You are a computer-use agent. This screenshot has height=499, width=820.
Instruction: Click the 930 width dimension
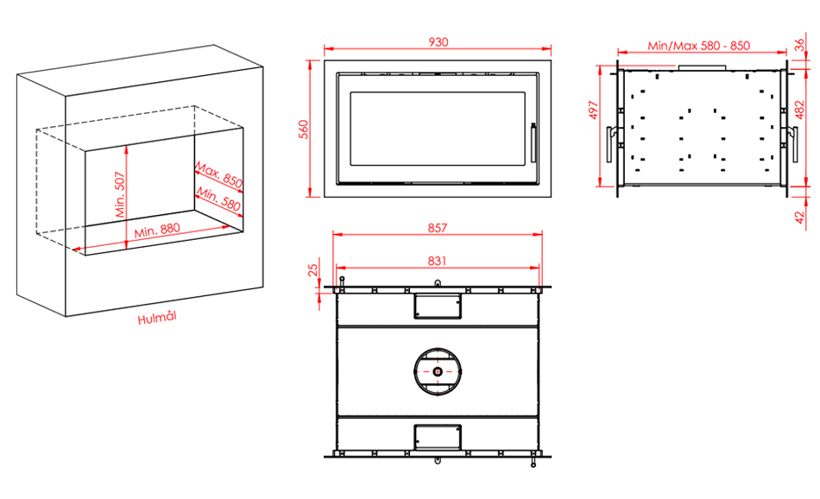438,41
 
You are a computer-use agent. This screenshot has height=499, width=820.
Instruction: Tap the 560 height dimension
304,129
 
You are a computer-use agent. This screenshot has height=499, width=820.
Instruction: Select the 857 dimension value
438,228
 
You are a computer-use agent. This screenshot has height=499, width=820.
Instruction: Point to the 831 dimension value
438,261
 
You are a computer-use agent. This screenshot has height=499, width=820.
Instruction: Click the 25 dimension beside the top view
312,270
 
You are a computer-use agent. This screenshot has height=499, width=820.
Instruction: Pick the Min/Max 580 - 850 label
698,46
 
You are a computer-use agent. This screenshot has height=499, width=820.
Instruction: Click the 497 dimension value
593,110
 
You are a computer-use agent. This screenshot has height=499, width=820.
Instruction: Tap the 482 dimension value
799,110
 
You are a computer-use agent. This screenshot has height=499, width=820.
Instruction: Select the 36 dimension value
800,45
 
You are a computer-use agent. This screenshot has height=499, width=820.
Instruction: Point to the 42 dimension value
800,217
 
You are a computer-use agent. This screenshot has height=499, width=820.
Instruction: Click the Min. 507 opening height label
120,194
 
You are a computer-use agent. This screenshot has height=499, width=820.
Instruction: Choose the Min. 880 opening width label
157,231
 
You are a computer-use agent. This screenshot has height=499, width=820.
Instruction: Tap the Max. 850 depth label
219,175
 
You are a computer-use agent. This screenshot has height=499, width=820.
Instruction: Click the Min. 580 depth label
218,199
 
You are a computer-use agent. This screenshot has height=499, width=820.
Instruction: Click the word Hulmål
157,318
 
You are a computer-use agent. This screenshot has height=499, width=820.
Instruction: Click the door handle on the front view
533,142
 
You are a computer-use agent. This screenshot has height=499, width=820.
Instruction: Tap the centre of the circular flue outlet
438,371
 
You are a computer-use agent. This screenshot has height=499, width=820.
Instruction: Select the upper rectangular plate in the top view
438,306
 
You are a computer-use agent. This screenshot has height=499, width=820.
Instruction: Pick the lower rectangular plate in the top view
438,438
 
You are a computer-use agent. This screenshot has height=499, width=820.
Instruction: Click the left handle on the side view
612,144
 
